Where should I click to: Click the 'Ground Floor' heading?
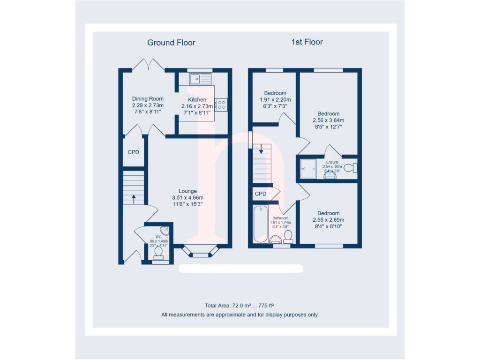[171, 43]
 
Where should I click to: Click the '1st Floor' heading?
[307, 42]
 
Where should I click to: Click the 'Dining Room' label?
[148, 99]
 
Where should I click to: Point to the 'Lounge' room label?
[187, 191]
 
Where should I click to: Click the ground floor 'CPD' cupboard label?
[134, 152]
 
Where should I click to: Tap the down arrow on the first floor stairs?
[261, 150]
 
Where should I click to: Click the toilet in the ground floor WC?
[158, 252]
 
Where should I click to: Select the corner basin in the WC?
[165, 230]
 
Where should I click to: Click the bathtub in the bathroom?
[261, 224]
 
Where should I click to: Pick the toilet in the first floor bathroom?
[288, 236]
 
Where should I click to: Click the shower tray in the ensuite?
[309, 168]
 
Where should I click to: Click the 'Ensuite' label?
[332, 162]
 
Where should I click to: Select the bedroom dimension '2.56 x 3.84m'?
[328, 120]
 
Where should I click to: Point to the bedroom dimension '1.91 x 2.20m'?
[275, 100]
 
